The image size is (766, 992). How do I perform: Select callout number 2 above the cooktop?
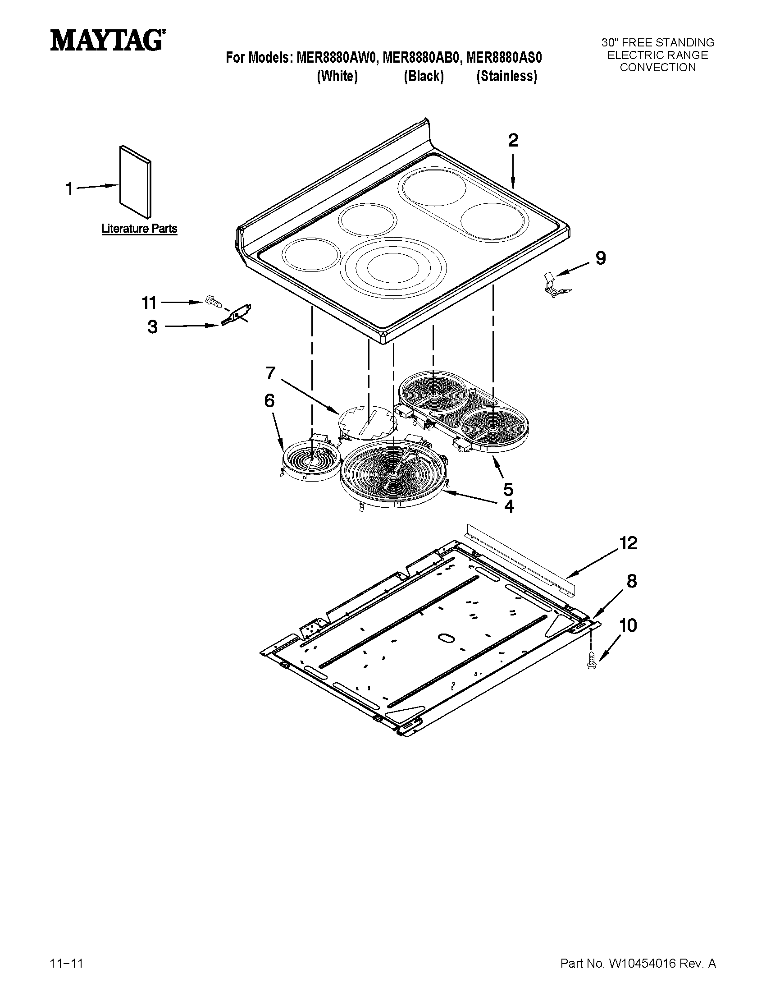tap(513, 141)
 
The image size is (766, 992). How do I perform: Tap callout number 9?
tap(600, 258)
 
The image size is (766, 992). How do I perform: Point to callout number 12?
tap(629, 543)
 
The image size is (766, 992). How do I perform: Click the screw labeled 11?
tap(213, 301)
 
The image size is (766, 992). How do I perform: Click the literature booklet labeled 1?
tap(135, 182)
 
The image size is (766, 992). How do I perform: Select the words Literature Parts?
tap(139, 229)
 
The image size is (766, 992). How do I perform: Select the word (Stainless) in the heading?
tap(506, 76)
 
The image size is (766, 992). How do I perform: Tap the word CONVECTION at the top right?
tap(657, 68)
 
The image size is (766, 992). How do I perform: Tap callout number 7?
tap(270, 373)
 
